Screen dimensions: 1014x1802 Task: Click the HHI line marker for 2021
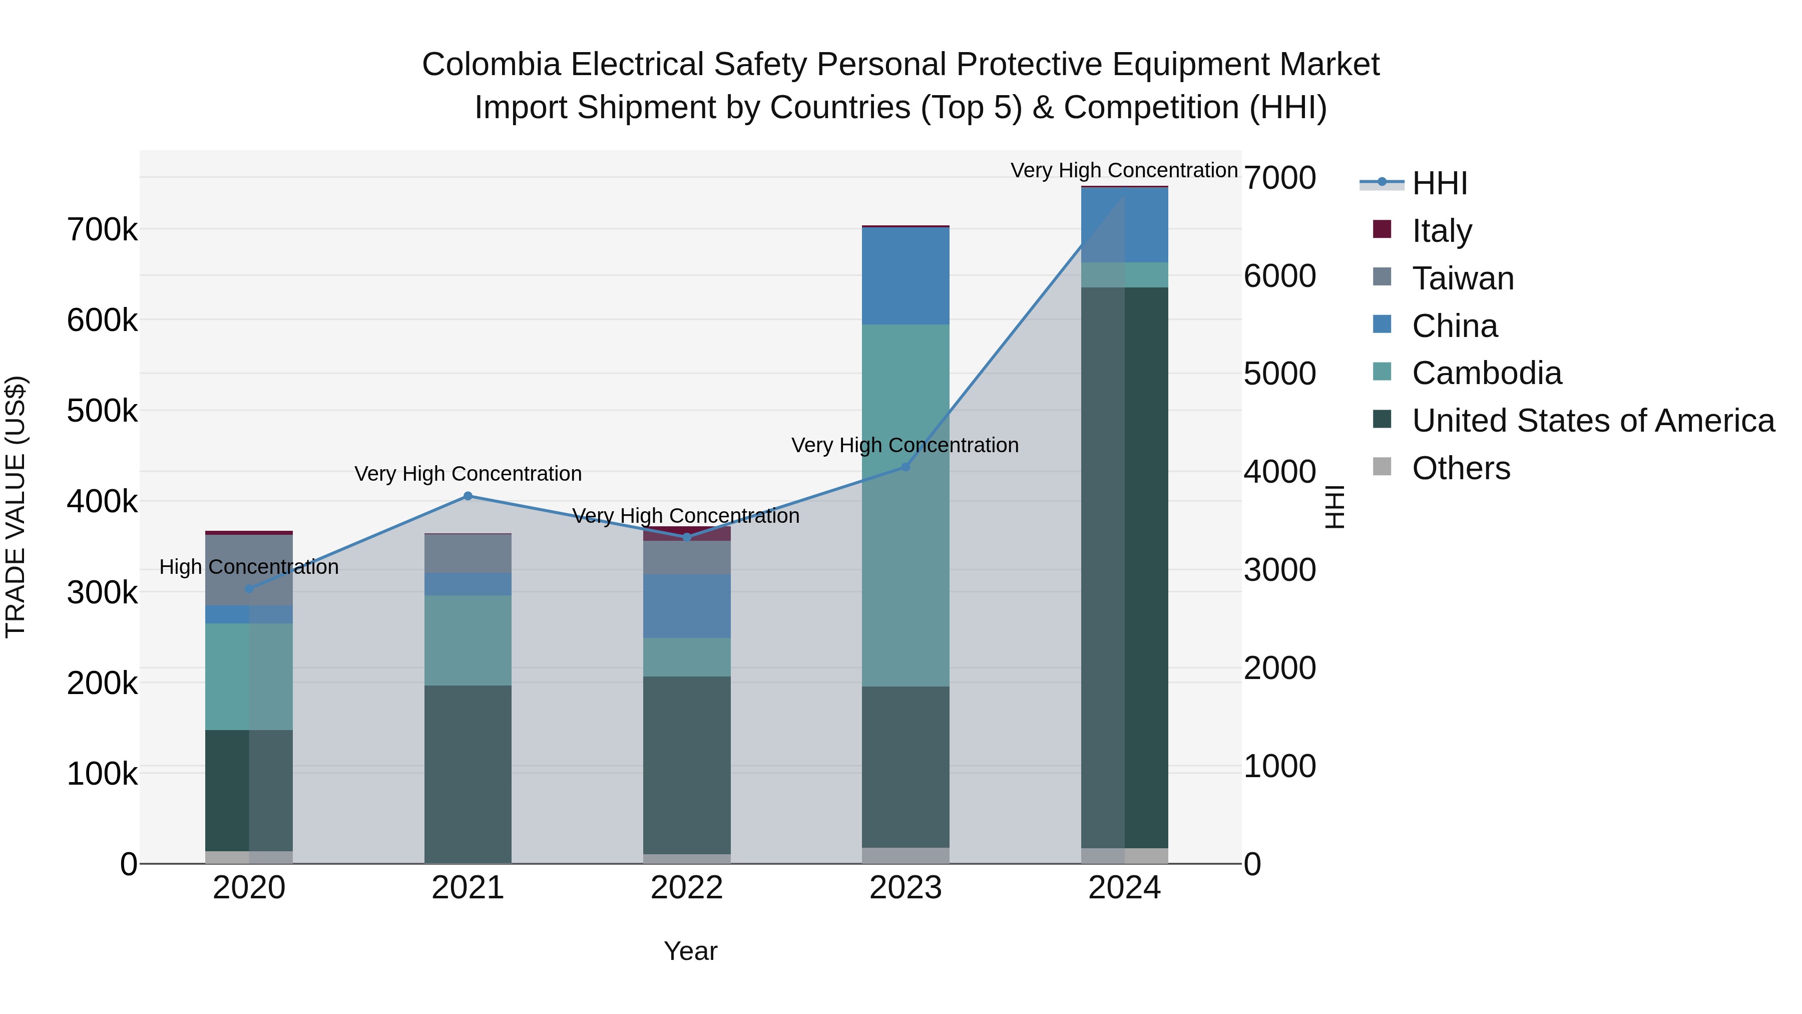468,496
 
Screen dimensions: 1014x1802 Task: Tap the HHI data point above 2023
905,467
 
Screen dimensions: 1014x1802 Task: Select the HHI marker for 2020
249,588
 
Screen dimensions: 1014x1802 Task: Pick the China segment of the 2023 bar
905,276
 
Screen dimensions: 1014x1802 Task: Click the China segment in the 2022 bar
687,606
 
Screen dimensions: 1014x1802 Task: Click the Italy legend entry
1441,231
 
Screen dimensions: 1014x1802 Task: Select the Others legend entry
1461,468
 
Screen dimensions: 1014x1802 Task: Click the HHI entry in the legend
1439,183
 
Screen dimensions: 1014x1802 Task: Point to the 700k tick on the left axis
102,229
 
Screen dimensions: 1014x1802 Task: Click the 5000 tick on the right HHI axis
1279,374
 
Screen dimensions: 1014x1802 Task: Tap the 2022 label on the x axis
687,888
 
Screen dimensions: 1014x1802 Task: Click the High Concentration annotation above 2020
249,567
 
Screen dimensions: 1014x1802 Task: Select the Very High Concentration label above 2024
1124,170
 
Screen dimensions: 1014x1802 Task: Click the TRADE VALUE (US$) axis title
16,507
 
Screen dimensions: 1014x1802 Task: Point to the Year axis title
690,951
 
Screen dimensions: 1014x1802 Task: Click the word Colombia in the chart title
491,65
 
